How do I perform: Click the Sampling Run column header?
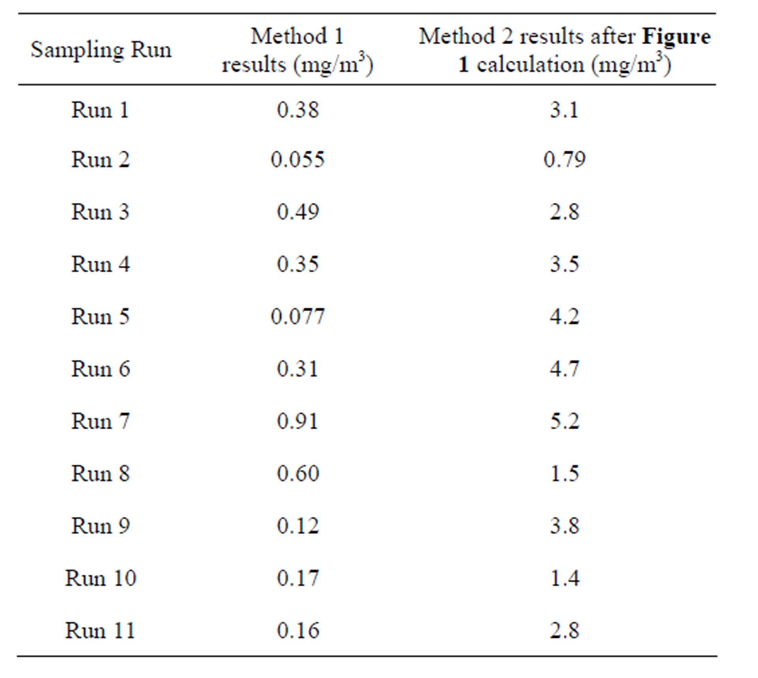tap(101, 50)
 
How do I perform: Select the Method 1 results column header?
tap(297, 50)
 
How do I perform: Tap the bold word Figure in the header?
tap(676, 37)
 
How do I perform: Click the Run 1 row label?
tap(100, 110)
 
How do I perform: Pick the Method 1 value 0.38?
tap(298, 110)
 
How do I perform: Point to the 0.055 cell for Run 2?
tap(298, 160)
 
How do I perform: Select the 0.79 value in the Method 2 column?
tap(565, 160)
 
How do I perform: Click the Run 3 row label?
tap(100, 212)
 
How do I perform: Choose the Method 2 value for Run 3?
tap(565, 212)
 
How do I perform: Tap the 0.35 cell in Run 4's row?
tap(298, 264)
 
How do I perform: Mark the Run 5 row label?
tap(100, 317)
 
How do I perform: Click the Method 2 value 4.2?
tap(565, 317)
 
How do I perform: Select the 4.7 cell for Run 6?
tap(565, 369)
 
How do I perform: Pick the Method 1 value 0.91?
tap(298, 421)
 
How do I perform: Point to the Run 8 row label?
tap(100, 474)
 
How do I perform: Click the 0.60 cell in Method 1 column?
tap(298, 474)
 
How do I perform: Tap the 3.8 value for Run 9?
tap(565, 526)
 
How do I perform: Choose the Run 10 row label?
tap(100, 579)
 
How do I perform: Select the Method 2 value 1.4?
tap(565, 579)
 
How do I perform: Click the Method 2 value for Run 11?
tap(565, 630)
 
